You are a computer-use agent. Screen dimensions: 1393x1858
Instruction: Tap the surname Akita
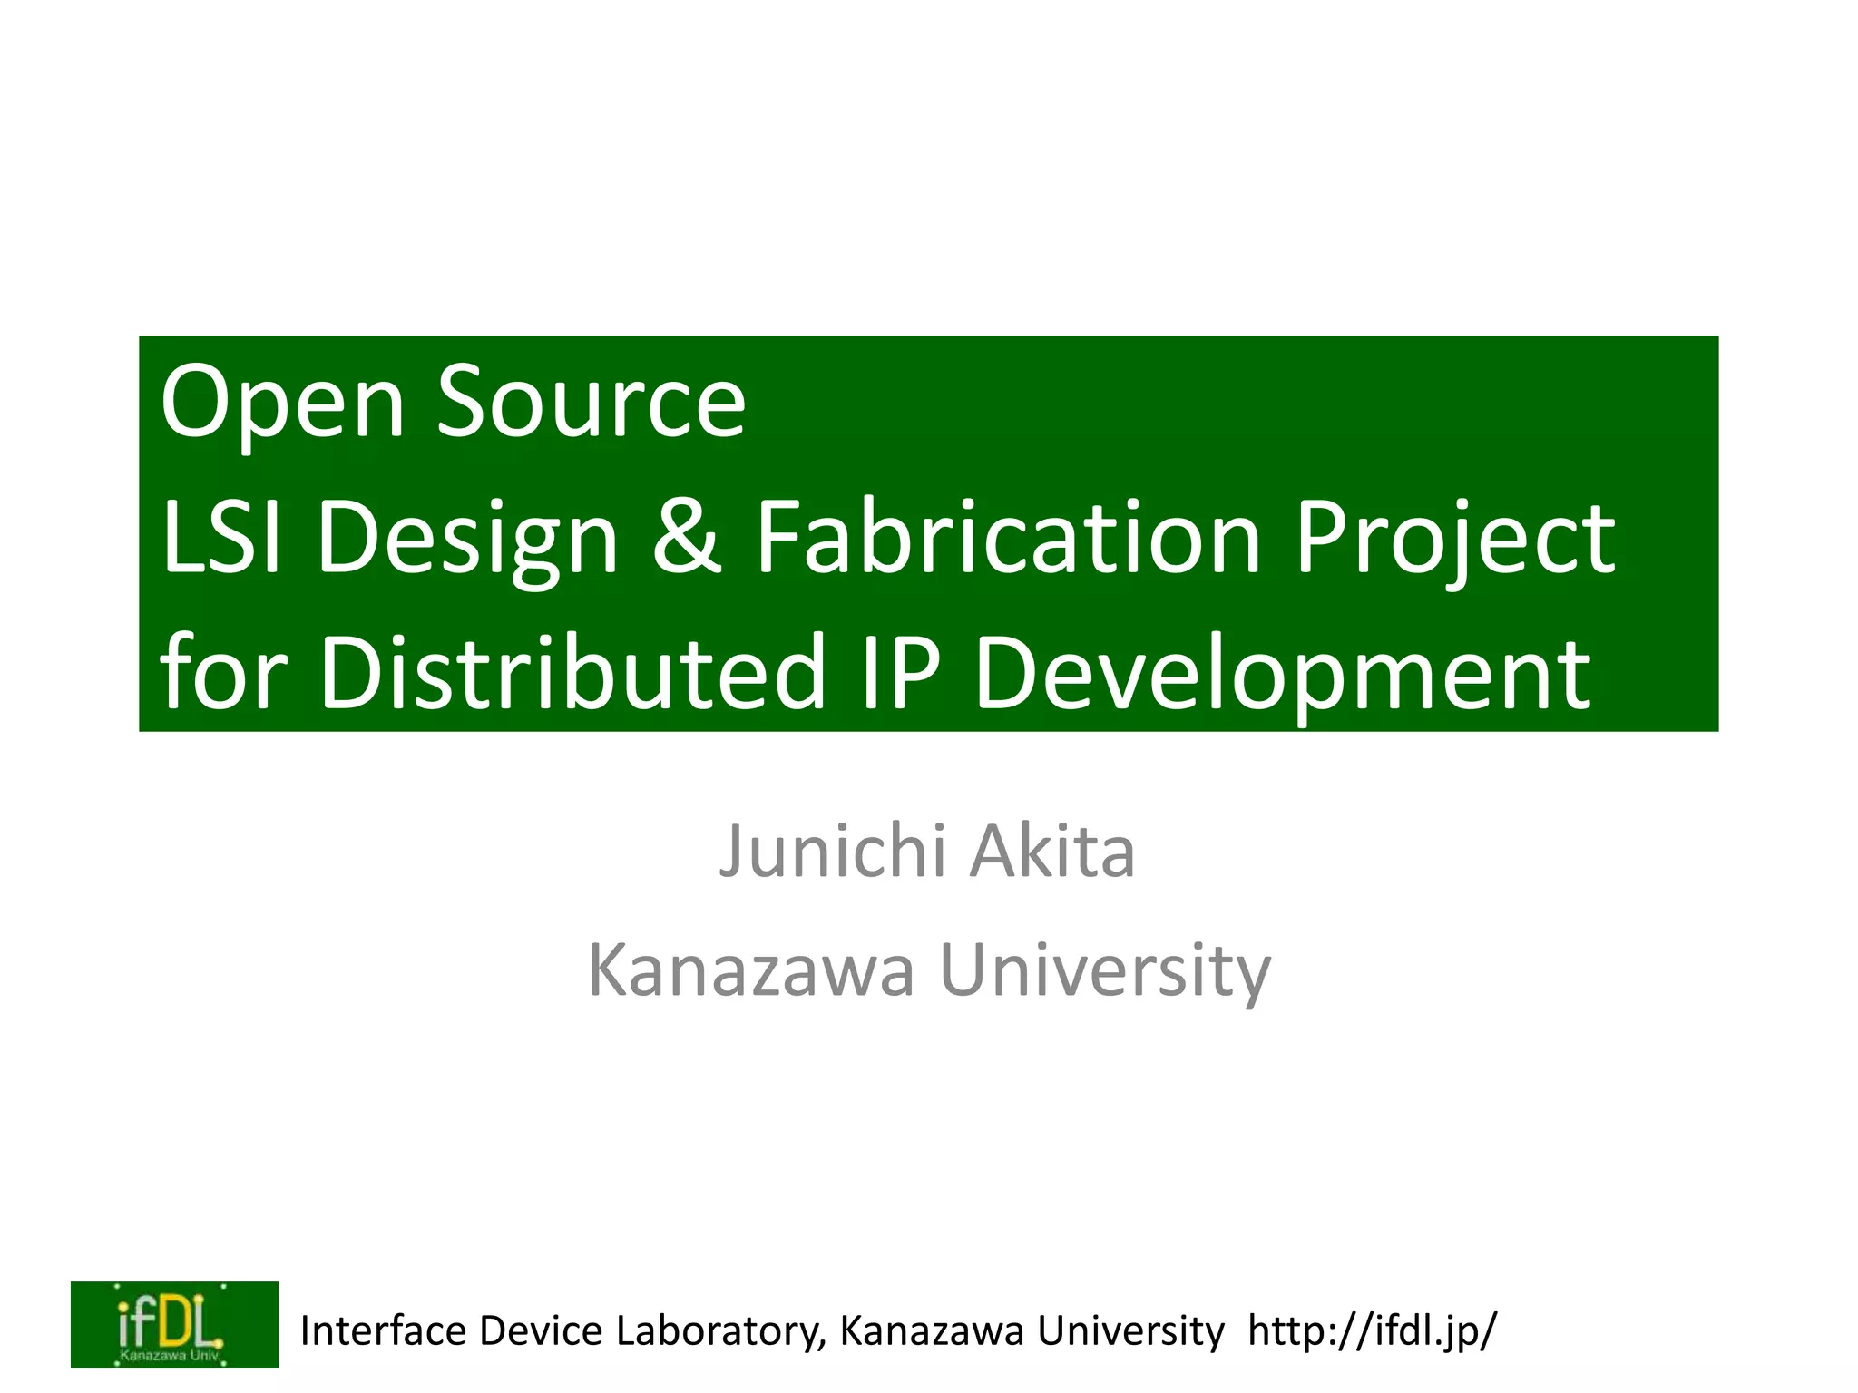click(1052, 852)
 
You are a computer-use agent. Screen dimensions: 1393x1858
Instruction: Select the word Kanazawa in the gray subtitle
click(751, 970)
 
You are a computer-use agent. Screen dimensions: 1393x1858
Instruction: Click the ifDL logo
click(174, 1324)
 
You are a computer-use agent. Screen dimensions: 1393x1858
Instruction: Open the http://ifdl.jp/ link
click(1372, 1331)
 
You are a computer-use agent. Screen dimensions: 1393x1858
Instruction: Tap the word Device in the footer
click(541, 1331)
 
